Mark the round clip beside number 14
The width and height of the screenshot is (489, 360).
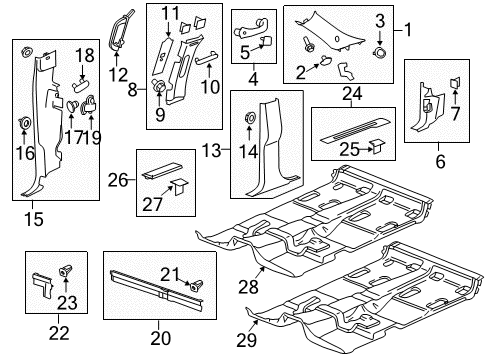tap(246, 121)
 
